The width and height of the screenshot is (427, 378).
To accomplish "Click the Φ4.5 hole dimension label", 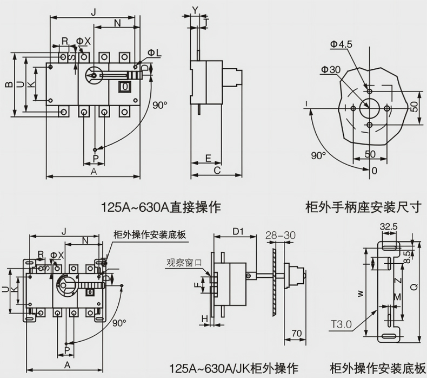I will click(342, 44).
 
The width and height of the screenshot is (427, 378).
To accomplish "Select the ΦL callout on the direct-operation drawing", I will click(154, 53).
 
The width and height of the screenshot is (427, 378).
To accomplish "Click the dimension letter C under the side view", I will click(217, 171).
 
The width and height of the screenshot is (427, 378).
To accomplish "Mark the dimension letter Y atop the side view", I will click(195, 9).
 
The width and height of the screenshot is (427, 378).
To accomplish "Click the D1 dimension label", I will click(238, 232).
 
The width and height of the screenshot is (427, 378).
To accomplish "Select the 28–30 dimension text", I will click(281, 235).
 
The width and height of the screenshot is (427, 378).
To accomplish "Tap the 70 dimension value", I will click(296, 333).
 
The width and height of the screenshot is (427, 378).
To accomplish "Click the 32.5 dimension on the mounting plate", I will click(389, 226).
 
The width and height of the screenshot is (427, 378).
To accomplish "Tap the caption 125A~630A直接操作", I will click(161, 207).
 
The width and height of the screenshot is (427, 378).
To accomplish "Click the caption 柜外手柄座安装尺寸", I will click(363, 207).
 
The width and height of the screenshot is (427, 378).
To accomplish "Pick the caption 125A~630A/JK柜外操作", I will click(233, 369).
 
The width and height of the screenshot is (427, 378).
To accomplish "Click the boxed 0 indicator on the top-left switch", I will click(125, 87).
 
